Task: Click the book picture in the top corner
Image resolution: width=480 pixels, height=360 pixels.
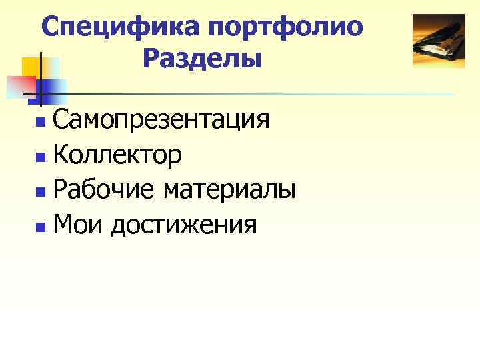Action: (x=438, y=41)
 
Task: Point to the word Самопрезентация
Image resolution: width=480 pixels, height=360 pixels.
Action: (x=161, y=121)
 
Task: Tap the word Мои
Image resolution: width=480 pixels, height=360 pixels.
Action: (x=77, y=225)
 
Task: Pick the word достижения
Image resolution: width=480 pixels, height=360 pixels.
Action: (x=184, y=225)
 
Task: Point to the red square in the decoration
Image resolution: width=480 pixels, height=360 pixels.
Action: (x=20, y=85)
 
